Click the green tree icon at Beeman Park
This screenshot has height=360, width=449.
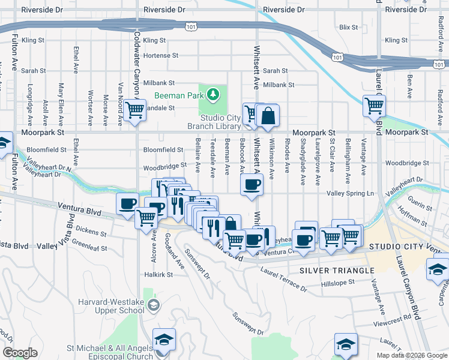pyautogui.click(x=212, y=94)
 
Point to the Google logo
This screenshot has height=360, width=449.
pyautogui.click(x=20, y=353)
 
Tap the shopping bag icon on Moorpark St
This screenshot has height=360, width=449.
pyautogui.click(x=268, y=116)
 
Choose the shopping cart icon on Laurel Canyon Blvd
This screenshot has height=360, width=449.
pyautogui.click(x=375, y=106)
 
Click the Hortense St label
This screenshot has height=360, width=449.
pyautogui.click(x=161, y=55)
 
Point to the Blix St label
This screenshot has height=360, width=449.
pyautogui.click(x=348, y=28)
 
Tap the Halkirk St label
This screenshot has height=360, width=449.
pyautogui.click(x=158, y=274)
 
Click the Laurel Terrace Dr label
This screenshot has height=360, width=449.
pyautogui.click(x=283, y=279)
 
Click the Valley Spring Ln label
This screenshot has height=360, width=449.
pyautogui.click(x=350, y=193)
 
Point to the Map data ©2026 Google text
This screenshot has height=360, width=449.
pyautogui.click(x=412, y=355)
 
